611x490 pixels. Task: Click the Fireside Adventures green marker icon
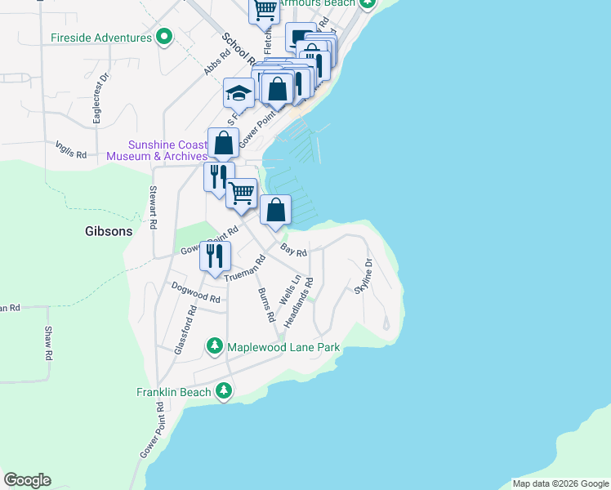(x=163, y=38)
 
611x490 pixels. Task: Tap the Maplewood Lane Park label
(x=283, y=347)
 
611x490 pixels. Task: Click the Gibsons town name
(x=109, y=231)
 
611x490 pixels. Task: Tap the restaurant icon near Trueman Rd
(x=215, y=255)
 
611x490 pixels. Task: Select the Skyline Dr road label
(x=363, y=276)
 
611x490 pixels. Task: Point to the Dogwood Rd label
(x=196, y=293)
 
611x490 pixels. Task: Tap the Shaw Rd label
(x=48, y=343)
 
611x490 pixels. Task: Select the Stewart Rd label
(x=153, y=207)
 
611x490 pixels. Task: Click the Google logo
(x=27, y=480)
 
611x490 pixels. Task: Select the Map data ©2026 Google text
(x=560, y=483)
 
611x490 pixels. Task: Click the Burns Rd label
(x=265, y=303)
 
